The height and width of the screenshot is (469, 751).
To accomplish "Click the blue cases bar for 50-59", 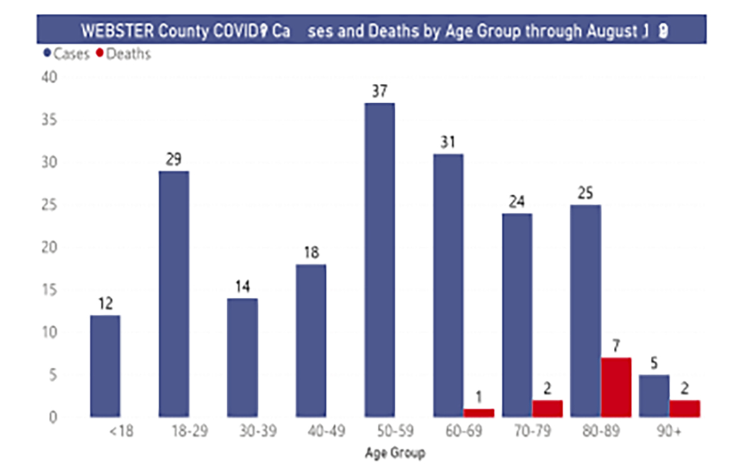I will [x=379, y=260].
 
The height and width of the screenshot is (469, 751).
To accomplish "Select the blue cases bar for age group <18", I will [x=105, y=366].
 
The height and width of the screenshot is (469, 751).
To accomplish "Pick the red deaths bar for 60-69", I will [x=479, y=413].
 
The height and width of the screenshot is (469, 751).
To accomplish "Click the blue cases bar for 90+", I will [x=654, y=396].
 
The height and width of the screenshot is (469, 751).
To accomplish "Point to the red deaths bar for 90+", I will [x=685, y=409].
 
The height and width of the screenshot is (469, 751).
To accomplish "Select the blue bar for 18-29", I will [x=174, y=294].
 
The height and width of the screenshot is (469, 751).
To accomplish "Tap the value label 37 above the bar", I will [x=379, y=91].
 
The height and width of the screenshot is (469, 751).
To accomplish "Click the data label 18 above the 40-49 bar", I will [x=310, y=253].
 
